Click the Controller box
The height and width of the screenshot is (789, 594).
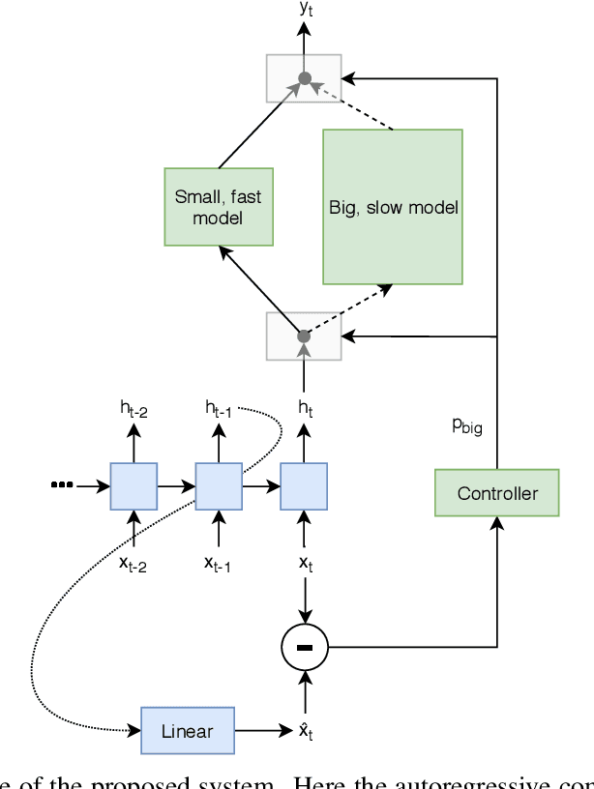(497, 493)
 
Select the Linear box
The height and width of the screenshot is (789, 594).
(188, 730)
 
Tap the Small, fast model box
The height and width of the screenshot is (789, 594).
(218, 207)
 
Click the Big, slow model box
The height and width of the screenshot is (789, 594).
(393, 207)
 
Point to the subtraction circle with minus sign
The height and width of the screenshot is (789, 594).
(305, 646)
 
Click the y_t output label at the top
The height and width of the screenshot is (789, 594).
(305, 9)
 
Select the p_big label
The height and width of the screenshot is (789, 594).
(467, 426)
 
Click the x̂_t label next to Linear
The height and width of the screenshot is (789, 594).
(305, 731)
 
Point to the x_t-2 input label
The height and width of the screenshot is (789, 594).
(134, 564)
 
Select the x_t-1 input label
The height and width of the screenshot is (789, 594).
(218, 564)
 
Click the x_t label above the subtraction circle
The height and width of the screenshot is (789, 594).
(305, 564)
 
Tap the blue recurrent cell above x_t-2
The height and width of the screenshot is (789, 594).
(134, 486)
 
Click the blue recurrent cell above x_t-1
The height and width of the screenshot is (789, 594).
(219, 486)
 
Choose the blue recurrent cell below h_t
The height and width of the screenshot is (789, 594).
(304, 486)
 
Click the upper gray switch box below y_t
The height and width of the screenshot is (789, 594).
(304, 78)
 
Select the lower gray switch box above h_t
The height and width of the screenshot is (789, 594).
(304, 336)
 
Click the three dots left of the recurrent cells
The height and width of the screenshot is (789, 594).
(62, 485)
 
